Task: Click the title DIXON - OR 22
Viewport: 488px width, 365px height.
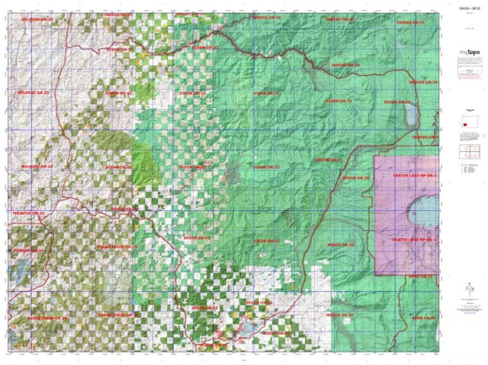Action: (465, 8)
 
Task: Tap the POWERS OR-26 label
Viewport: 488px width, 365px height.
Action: (29, 250)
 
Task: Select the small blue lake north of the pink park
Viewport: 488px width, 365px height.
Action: (411, 115)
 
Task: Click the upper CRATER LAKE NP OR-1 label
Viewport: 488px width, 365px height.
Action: (414, 175)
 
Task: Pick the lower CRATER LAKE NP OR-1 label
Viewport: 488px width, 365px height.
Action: (414, 239)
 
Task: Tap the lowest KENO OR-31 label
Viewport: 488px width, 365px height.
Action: (424, 317)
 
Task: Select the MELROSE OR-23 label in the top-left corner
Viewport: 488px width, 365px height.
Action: (37, 20)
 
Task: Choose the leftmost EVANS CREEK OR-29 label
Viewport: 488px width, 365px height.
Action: (47, 317)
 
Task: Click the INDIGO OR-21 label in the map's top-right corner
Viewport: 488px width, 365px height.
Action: (410, 22)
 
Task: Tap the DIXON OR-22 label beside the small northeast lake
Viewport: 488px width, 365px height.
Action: (397, 102)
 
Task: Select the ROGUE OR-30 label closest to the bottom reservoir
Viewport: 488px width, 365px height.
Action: (277, 333)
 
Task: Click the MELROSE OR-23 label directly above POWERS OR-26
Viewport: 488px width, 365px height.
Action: (29, 213)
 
